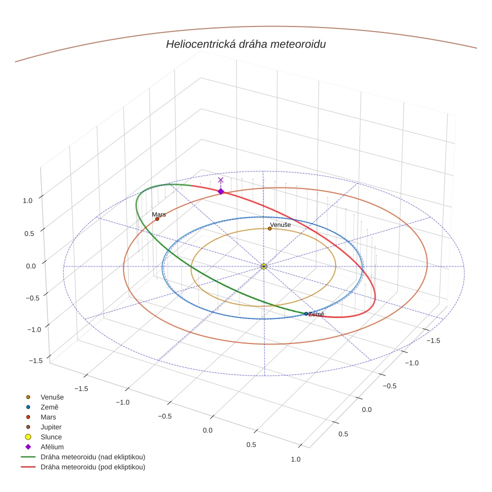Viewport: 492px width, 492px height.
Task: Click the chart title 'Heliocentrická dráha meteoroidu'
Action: coord(245,44)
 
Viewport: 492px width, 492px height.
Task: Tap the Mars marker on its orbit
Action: coord(157,219)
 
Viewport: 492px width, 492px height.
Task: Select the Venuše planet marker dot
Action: coord(269,228)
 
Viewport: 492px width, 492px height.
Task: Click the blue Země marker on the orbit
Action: coord(306,314)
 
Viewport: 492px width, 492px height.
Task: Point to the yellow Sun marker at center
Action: coord(263,266)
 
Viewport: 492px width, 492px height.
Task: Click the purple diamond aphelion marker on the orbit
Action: coord(220,191)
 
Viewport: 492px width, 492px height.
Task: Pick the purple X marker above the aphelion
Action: coord(220,180)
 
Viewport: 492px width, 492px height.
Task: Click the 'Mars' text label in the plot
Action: coord(159,214)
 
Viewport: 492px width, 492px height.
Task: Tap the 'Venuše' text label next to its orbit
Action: coord(280,225)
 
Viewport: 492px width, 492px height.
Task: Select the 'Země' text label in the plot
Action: coord(316,314)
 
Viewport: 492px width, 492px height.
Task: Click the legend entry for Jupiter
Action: coord(50,427)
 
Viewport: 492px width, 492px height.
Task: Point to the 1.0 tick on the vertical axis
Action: coord(27,200)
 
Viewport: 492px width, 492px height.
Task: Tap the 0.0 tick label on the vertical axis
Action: coord(31,266)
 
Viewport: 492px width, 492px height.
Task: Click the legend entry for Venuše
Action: coord(52,397)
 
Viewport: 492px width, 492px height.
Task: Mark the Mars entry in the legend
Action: coord(48,417)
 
